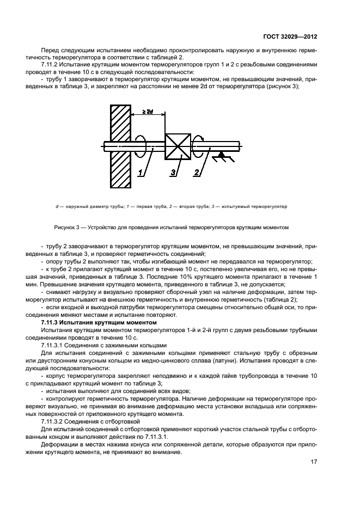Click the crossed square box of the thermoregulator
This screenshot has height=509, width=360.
[178, 146]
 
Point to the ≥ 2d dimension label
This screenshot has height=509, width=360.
[147, 112]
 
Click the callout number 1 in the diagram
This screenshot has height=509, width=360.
[141, 173]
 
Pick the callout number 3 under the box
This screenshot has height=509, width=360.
[173, 173]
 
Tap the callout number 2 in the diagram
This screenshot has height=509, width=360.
[196, 173]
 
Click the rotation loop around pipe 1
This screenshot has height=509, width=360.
[140, 145]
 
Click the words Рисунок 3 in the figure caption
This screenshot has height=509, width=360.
[68, 227]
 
